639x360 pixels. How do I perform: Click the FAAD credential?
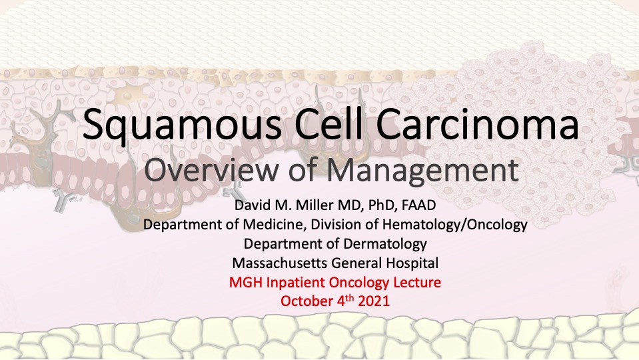pyautogui.click(x=419, y=205)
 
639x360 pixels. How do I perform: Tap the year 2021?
pyautogui.click(x=374, y=301)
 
